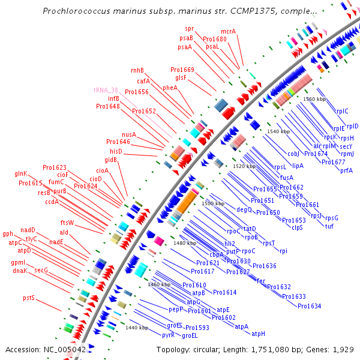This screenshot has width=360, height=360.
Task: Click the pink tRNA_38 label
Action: coord(106,90)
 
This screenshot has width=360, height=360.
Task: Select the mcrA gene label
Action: coord(228,32)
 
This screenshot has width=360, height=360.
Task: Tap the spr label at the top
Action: coord(190,28)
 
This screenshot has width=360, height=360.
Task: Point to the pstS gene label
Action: coord(29,298)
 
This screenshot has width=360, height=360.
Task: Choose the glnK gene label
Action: coord(21,174)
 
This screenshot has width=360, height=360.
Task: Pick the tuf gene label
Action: coord(329,226)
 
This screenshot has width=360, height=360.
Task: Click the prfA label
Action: coord(346,170)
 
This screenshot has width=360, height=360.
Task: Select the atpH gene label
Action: coord(258,334)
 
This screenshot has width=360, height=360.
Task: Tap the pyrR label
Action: coord(169,335)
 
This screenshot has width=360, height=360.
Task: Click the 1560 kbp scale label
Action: coord(314,99)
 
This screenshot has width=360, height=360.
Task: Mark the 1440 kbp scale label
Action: coord(137,328)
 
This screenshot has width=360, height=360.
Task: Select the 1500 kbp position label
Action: coord(213,204)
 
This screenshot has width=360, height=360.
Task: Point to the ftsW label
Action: coord(67,223)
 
